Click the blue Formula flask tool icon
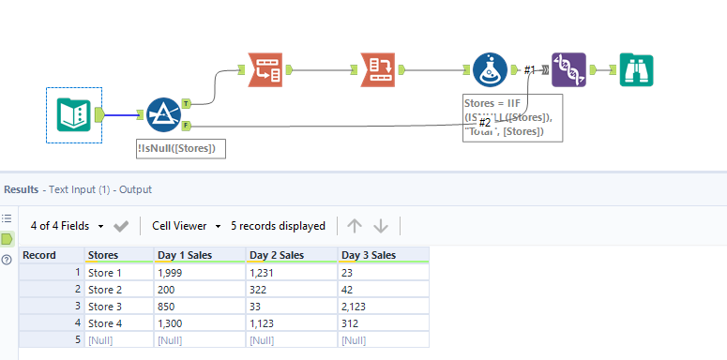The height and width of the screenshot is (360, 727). coord(490,69)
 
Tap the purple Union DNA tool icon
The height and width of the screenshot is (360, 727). coord(570,69)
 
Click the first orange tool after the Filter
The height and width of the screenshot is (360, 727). coord(265,69)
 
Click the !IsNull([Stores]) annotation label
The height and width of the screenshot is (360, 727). coord(180,147)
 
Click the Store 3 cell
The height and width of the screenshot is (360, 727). coord(105,306)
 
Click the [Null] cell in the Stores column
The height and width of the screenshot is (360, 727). coord(103,339)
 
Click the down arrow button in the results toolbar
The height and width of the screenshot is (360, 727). coord(381,226)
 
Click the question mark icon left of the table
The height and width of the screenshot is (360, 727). coord(8,260)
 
